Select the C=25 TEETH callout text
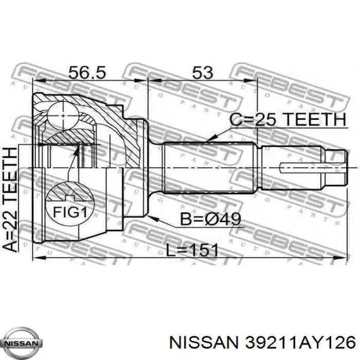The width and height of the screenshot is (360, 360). tap(288, 120)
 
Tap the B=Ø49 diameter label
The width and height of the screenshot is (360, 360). tap(210, 219)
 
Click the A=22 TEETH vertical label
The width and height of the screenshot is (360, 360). tap(10, 200)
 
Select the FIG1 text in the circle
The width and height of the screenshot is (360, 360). tap(70, 212)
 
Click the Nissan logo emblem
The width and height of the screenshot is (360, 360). tap(24, 343)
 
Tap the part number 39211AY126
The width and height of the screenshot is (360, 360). tap(300, 344)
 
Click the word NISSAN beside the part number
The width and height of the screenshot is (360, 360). tap(205, 344)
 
